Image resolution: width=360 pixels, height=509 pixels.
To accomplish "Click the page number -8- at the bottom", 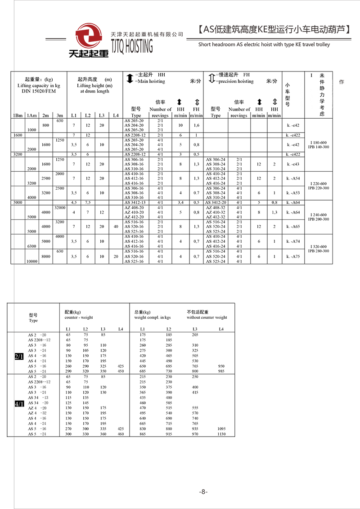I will click(x=203, y=492).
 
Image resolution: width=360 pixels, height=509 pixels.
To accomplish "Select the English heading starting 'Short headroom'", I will click(x=264, y=45).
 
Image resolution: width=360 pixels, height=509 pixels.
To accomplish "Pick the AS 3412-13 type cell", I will click(x=135, y=203).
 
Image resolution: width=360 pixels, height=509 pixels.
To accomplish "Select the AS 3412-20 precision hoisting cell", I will click(x=216, y=203).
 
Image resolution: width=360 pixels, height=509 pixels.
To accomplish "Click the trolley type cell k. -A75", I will click(x=293, y=256).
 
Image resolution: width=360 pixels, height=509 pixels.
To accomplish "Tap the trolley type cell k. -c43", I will click(x=293, y=164).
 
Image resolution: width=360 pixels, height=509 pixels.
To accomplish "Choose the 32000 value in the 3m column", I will click(x=60, y=207).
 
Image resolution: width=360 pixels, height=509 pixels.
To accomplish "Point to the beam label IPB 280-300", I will click(x=318, y=251).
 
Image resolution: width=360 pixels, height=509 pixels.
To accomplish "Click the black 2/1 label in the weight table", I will click(x=19, y=357).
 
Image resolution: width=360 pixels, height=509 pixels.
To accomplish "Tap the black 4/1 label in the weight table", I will click(x=19, y=404).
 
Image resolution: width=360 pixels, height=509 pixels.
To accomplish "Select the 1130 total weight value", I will click(x=221, y=434).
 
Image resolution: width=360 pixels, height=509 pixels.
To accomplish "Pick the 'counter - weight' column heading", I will click(x=79, y=317).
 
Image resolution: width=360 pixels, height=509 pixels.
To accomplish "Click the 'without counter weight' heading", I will click(x=207, y=317).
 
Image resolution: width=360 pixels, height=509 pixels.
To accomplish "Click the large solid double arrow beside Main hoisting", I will click(x=130, y=78).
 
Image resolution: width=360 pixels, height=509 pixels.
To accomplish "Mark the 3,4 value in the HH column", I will click(x=180, y=203).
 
